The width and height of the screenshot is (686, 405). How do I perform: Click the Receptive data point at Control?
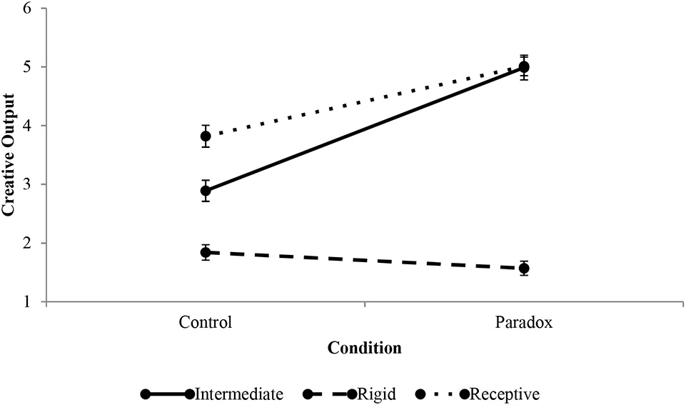(206, 136)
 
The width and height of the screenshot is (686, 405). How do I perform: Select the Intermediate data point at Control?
(206, 191)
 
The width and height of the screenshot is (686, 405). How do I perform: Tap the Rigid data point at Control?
(206, 252)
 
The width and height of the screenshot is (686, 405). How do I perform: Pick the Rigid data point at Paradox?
(524, 269)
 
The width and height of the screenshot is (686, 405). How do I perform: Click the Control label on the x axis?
(206, 322)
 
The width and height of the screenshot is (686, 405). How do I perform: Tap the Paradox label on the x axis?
(524, 322)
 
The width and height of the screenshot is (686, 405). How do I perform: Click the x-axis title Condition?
(364, 349)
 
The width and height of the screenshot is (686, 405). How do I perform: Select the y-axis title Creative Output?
(9, 155)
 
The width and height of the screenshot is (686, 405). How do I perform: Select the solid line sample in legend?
(168, 394)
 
